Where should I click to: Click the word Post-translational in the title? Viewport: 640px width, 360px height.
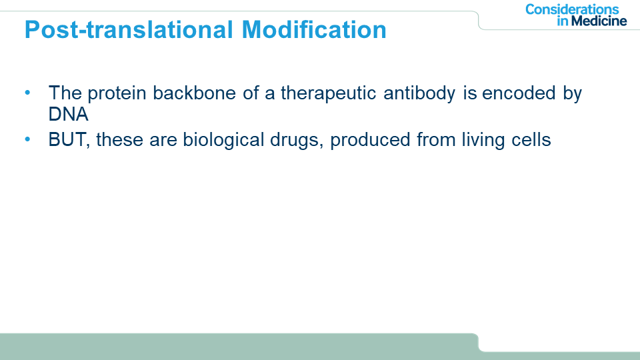point(129,30)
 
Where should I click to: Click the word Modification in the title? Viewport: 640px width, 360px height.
point(314,30)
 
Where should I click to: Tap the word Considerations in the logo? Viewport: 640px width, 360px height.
point(572,9)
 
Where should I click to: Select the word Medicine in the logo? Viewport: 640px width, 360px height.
point(599,21)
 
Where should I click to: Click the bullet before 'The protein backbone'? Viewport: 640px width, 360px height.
point(27,93)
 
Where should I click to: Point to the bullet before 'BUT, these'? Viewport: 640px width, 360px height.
point(27,139)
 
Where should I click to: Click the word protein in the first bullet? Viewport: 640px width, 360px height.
point(117,94)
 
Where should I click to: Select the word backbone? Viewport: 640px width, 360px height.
point(194,93)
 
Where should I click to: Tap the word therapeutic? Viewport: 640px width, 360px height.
point(328,94)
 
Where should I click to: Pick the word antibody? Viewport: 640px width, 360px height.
point(419,94)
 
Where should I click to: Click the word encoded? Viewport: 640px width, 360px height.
point(519,93)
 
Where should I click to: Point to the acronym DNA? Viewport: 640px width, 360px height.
point(68,114)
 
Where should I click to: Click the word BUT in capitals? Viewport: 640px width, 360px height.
point(67,139)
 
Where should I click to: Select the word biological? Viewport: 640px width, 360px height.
point(223,141)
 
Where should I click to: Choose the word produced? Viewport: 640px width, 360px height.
point(370,141)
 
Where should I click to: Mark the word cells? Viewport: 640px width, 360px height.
point(531,139)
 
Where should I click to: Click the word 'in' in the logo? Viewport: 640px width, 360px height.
point(563,21)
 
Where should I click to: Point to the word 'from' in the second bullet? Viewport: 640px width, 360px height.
point(436,139)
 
